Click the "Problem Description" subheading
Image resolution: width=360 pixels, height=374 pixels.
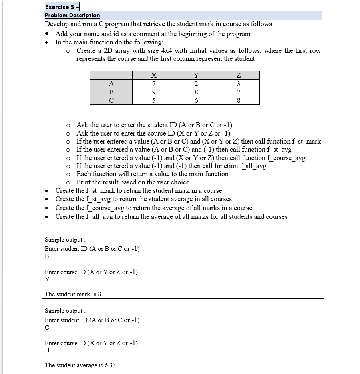[x=72, y=15]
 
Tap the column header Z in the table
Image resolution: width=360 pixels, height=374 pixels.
[x=238, y=75]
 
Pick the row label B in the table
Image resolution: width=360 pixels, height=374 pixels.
[x=111, y=92]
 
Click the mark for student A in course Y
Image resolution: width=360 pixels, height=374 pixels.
[x=196, y=84]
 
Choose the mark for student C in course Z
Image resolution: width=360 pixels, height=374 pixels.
[x=238, y=100]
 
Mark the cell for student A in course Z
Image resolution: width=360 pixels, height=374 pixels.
[x=238, y=84]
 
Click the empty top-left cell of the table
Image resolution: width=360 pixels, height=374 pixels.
[x=111, y=75]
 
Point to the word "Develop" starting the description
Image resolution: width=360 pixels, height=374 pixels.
[x=58, y=24]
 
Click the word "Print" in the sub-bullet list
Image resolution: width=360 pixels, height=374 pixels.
[x=85, y=182]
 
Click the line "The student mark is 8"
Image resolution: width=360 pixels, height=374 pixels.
[x=73, y=294]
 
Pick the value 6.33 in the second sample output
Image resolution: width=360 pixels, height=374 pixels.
[x=109, y=365]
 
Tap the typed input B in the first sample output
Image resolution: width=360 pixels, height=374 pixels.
[x=47, y=256]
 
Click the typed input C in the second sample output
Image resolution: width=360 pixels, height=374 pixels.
[x=47, y=328]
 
